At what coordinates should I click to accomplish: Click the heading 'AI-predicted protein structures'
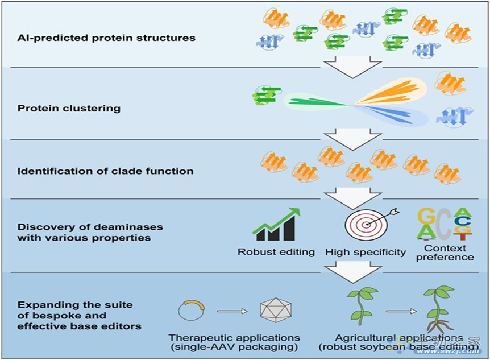tap(106, 38)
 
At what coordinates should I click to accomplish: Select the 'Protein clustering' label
tap(69, 109)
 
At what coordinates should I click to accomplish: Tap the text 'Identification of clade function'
tap(106, 171)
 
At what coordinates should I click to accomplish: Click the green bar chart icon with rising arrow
tap(275, 225)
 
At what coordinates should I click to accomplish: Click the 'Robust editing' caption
tap(276, 251)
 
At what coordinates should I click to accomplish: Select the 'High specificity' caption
tap(366, 251)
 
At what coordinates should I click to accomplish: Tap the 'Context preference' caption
tap(445, 253)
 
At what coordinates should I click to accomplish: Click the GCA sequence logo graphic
tap(444, 224)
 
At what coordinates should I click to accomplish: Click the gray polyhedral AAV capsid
tap(275, 311)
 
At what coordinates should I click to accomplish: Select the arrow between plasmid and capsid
tap(232, 311)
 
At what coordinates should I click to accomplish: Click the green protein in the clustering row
tap(264, 95)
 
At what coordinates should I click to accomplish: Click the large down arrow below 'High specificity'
tap(352, 272)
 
